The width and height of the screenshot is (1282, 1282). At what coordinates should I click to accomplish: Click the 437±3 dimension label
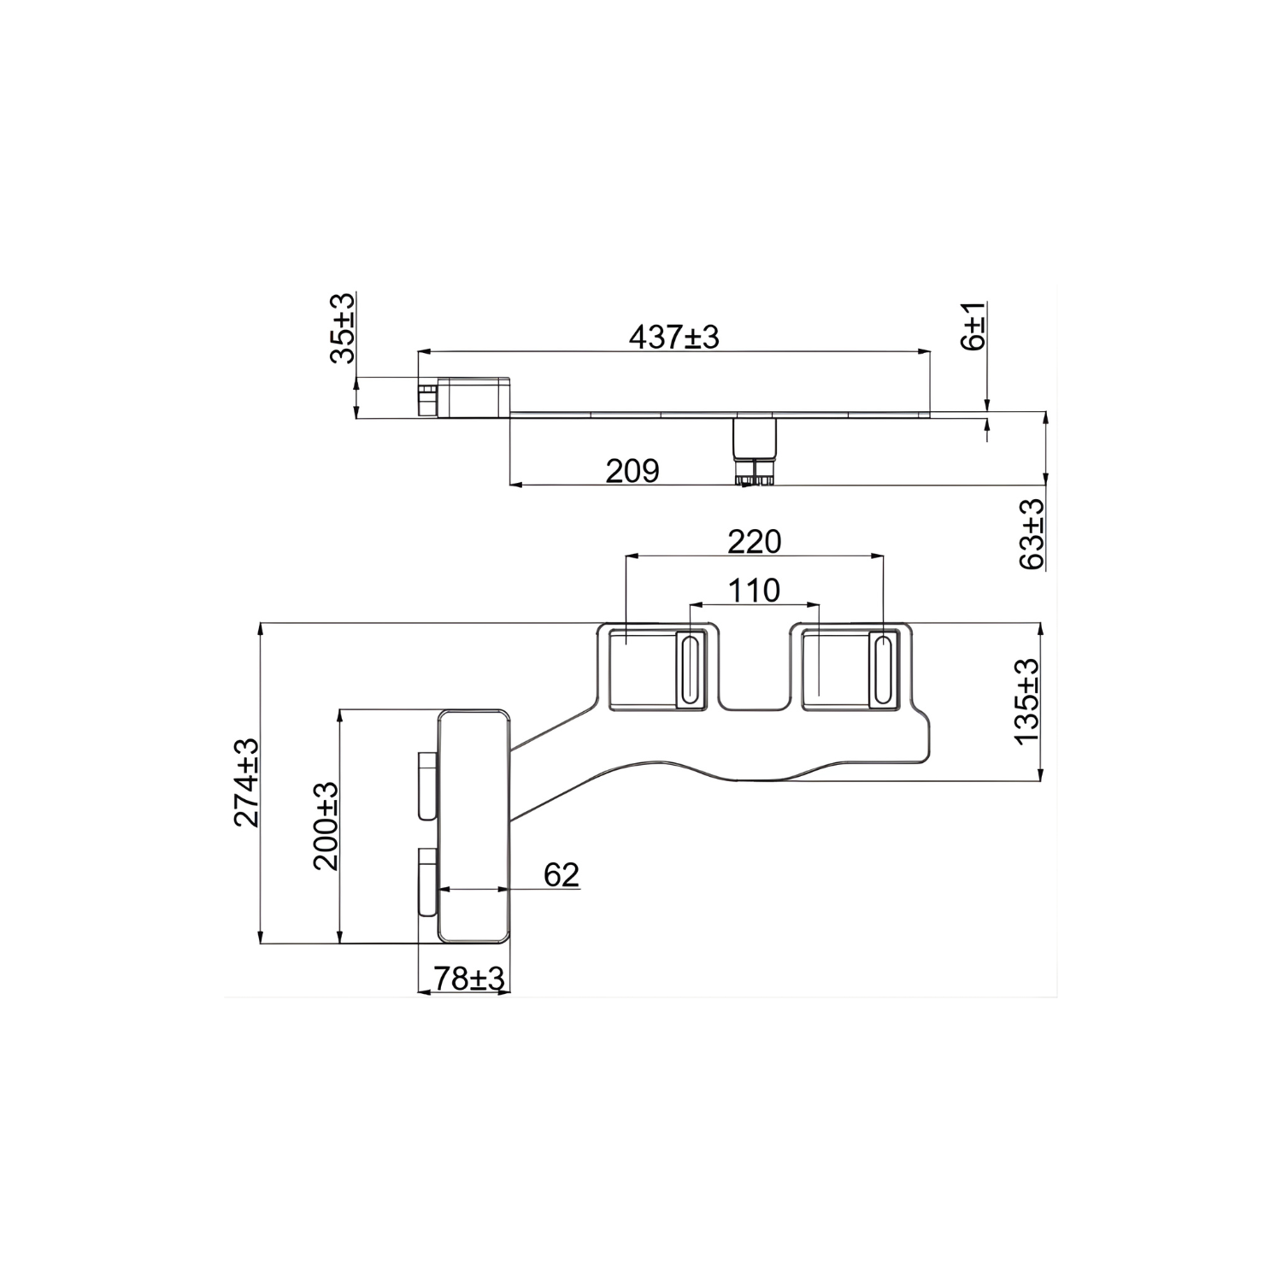674,337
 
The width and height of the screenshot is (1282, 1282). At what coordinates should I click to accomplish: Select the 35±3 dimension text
343,328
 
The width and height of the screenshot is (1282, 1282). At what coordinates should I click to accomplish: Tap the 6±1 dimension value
973,325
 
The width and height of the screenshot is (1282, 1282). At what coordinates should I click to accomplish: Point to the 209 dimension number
632,471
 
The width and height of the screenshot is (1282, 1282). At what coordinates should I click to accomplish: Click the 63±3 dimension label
1032,534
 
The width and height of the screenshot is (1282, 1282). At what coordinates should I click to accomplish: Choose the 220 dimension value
754,541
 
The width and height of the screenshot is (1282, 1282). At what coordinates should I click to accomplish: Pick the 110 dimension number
754,590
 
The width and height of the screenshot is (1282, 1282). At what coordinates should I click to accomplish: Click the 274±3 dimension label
246,782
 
